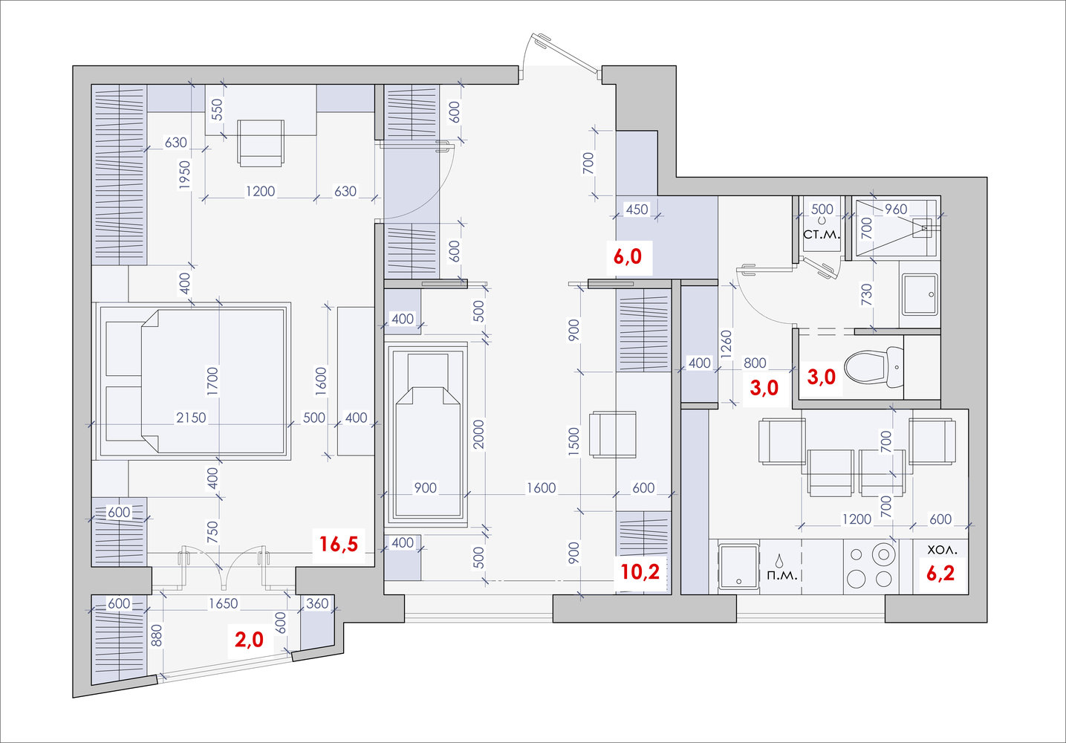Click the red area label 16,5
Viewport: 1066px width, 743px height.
pos(338,544)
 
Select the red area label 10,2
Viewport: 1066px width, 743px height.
pos(640,571)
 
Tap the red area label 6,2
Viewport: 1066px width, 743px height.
pos(940,573)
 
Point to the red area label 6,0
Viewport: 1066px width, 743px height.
pos(627,256)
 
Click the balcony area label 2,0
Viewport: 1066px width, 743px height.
pos(249,640)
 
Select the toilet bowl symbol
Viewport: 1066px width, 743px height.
pos(874,368)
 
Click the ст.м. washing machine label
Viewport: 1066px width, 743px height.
pos(822,234)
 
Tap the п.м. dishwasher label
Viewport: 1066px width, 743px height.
pos(782,576)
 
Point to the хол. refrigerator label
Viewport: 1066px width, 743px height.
pos(942,550)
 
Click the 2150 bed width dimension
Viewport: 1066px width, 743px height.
pos(191,418)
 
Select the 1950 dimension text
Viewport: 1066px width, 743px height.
pos(185,175)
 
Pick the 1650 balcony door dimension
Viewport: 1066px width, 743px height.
pos(223,603)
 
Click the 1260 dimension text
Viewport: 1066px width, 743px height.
pos(726,345)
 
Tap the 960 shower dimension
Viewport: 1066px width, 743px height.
pos(896,209)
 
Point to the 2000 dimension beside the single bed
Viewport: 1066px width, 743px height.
pos(478,434)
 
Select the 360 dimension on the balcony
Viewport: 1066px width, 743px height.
pos(317,603)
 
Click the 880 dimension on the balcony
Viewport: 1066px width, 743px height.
pos(156,635)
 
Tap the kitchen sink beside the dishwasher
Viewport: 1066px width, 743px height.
pos(737,567)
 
